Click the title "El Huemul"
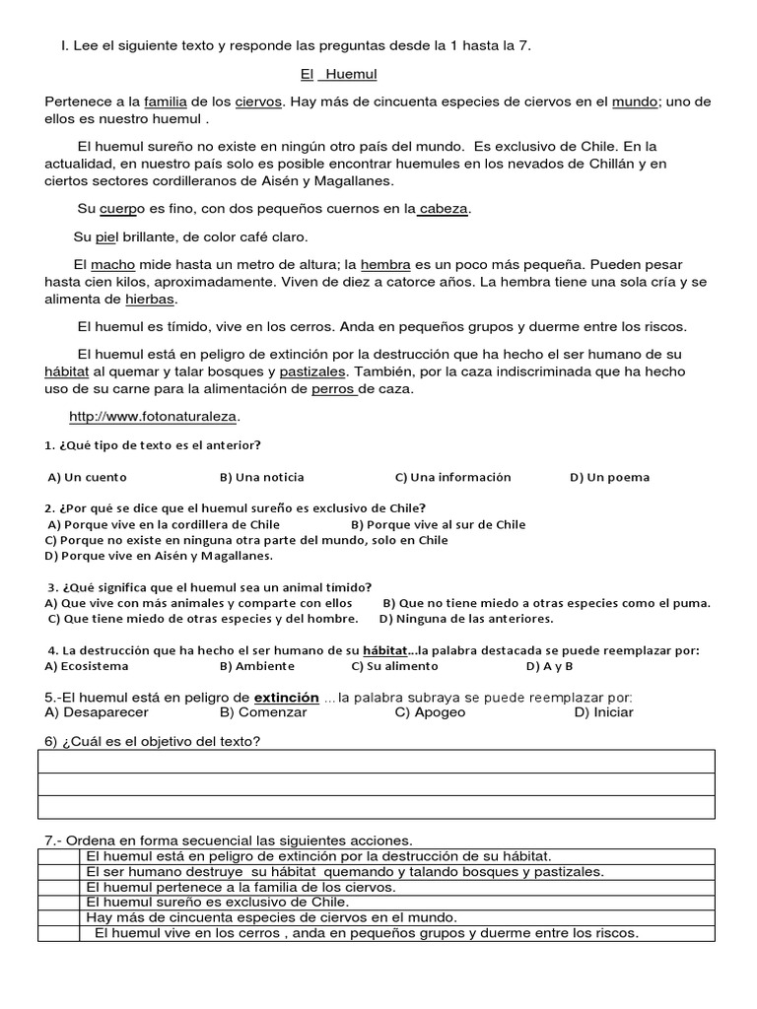click(x=339, y=74)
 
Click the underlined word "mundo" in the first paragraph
click(x=635, y=101)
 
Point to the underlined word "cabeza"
click(x=445, y=208)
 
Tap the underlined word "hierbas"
click(x=150, y=299)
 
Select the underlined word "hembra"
click(x=386, y=264)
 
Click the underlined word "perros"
click(x=333, y=388)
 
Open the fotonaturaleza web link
click(x=154, y=416)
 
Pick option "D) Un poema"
click(x=609, y=477)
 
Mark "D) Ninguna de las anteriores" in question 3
click(x=466, y=619)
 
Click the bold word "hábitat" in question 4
click(x=384, y=650)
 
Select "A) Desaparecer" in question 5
click(x=93, y=711)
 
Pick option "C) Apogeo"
click(x=430, y=711)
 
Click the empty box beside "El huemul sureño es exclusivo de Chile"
click(x=57, y=902)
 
